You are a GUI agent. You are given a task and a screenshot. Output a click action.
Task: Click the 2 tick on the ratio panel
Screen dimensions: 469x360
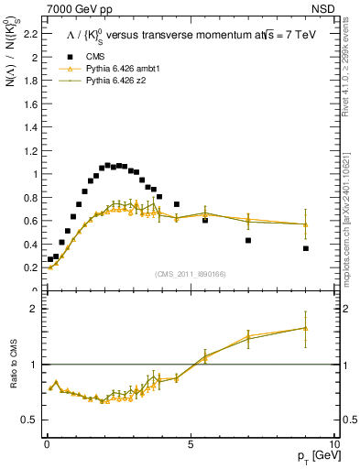click(x=34, y=309)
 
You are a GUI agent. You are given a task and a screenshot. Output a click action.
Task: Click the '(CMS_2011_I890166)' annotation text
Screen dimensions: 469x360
click(x=191, y=274)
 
